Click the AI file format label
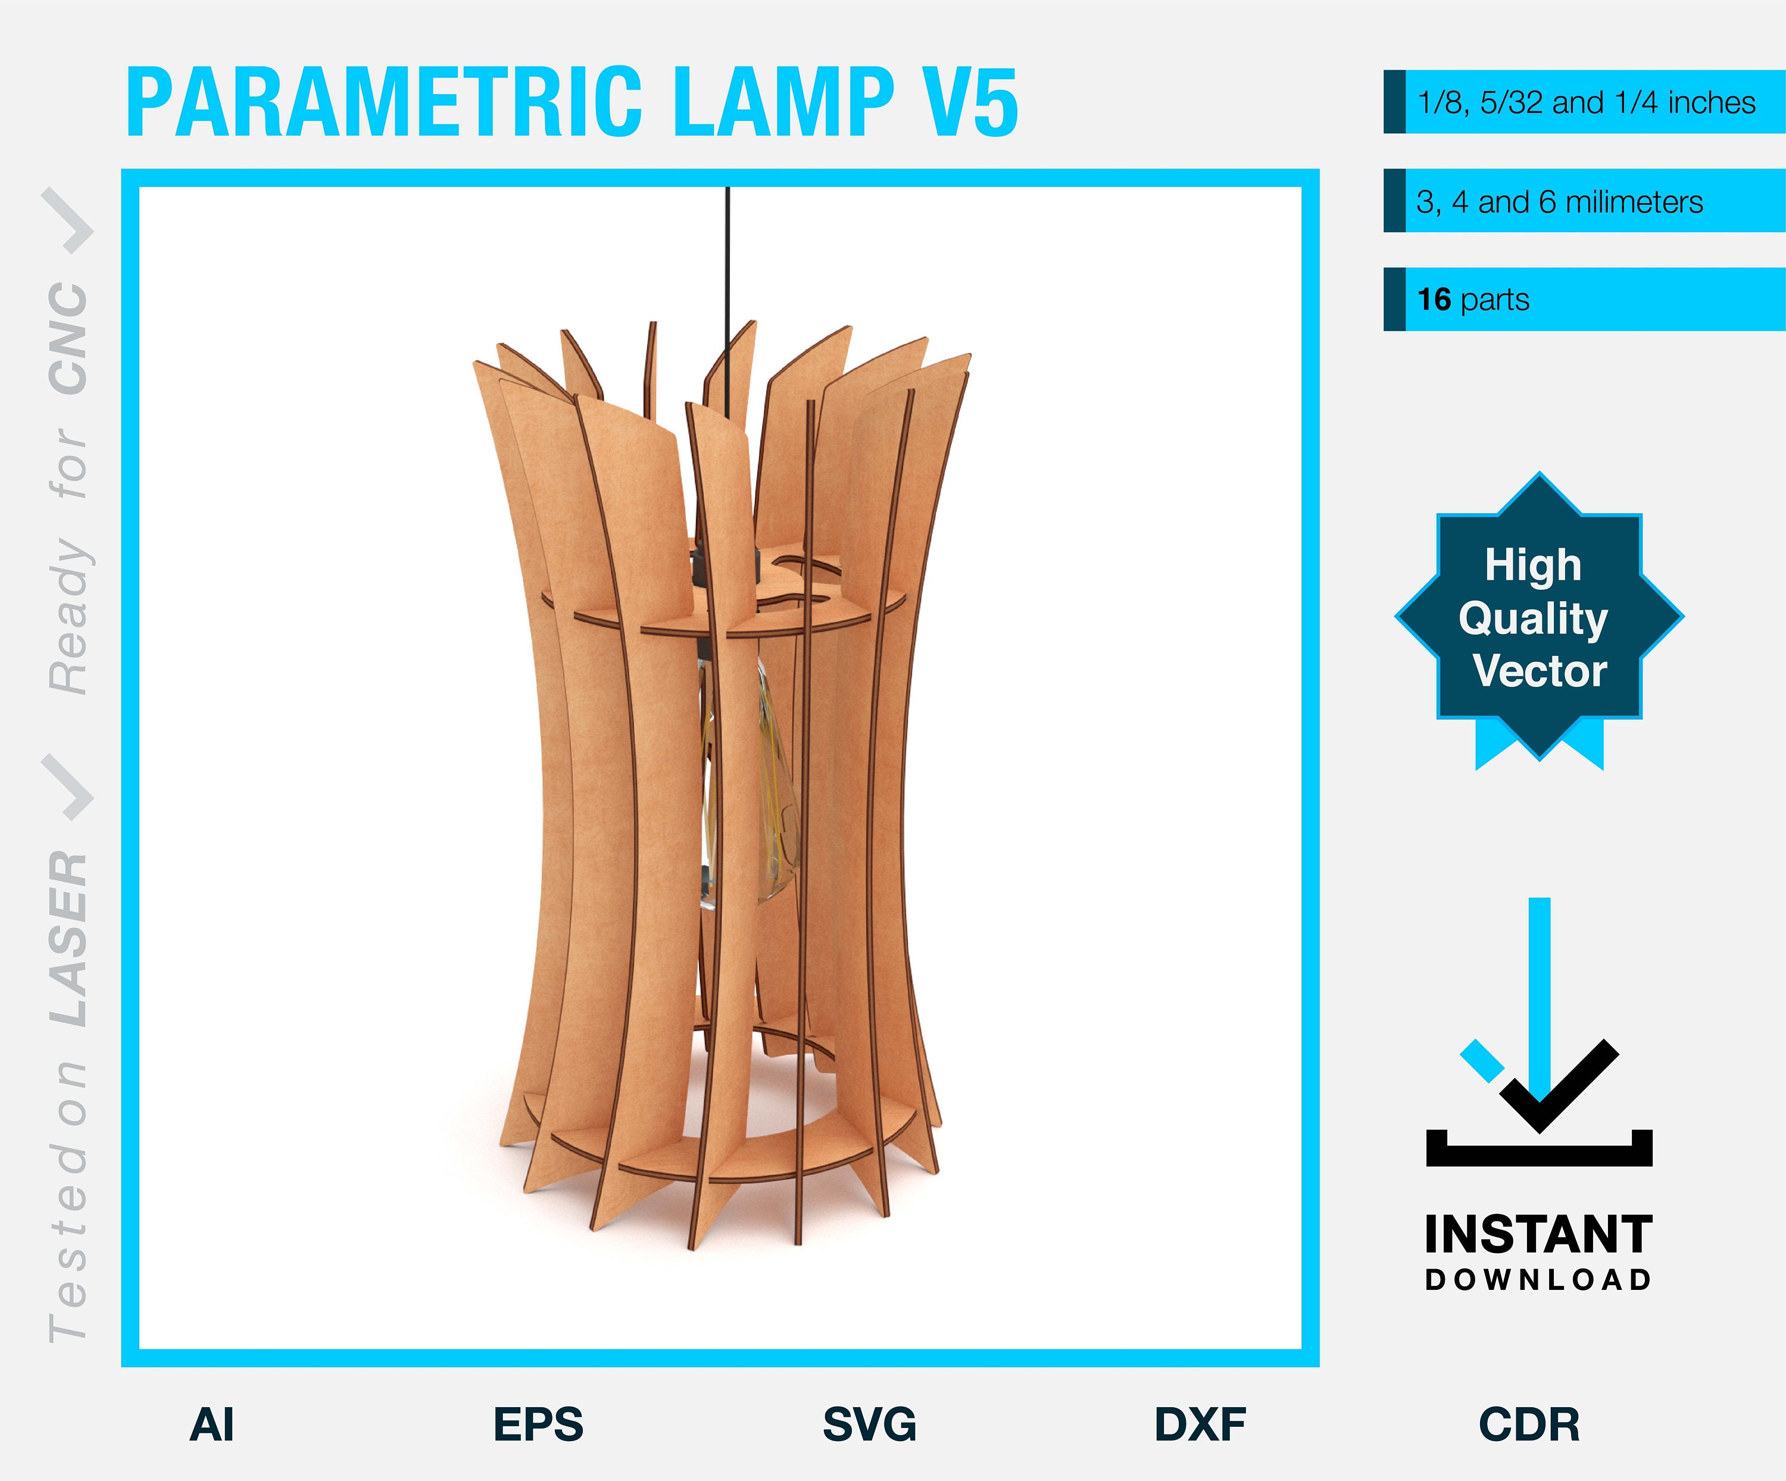pos(212,1425)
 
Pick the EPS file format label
pos(538,1425)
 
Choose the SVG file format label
pos(869,1425)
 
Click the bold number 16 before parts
pos(1434,299)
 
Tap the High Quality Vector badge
pos(1538,618)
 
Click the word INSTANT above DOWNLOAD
pos(1538,1235)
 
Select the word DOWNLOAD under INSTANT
pos(1538,1280)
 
